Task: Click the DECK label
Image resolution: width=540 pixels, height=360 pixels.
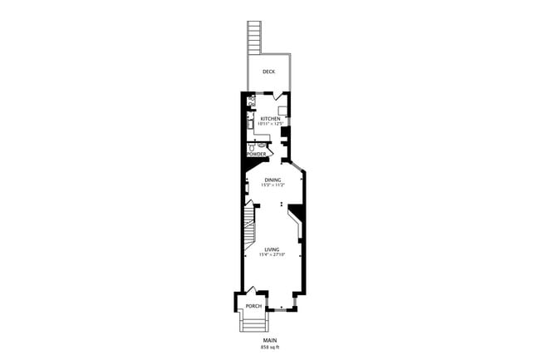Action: pyautogui.click(x=268, y=72)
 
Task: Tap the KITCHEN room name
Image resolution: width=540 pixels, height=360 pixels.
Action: pyautogui.click(x=270, y=119)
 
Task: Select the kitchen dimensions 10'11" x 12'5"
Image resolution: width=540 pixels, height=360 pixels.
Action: pyautogui.click(x=270, y=125)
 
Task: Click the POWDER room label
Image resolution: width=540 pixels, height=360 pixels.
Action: pyautogui.click(x=256, y=154)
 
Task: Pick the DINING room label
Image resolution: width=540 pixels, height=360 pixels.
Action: pyautogui.click(x=272, y=180)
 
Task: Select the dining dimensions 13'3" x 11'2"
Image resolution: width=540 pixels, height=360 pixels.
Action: pyautogui.click(x=272, y=185)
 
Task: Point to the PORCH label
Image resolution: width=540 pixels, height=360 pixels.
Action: pyautogui.click(x=253, y=306)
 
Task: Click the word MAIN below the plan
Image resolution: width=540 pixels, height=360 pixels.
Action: pyautogui.click(x=269, y=340)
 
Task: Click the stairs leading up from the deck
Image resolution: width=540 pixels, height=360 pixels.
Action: pyautogui.click(x=255, y=37)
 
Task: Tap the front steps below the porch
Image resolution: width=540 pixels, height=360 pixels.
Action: pyautogui.click(x=253, y=323)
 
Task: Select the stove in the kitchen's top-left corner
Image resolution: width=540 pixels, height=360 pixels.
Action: pyautogui.click(x=252, y=101)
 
